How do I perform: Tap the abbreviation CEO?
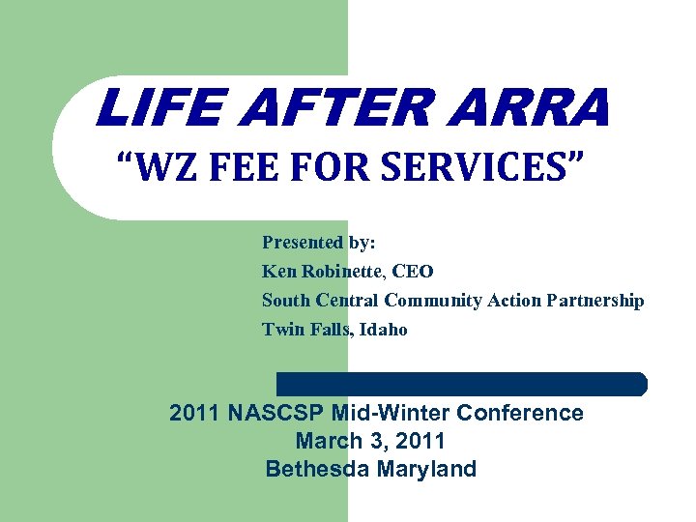point(413,272)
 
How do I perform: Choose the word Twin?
point(280,330)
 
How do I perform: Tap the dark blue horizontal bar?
point(462,384)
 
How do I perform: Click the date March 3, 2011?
point(370,441)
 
